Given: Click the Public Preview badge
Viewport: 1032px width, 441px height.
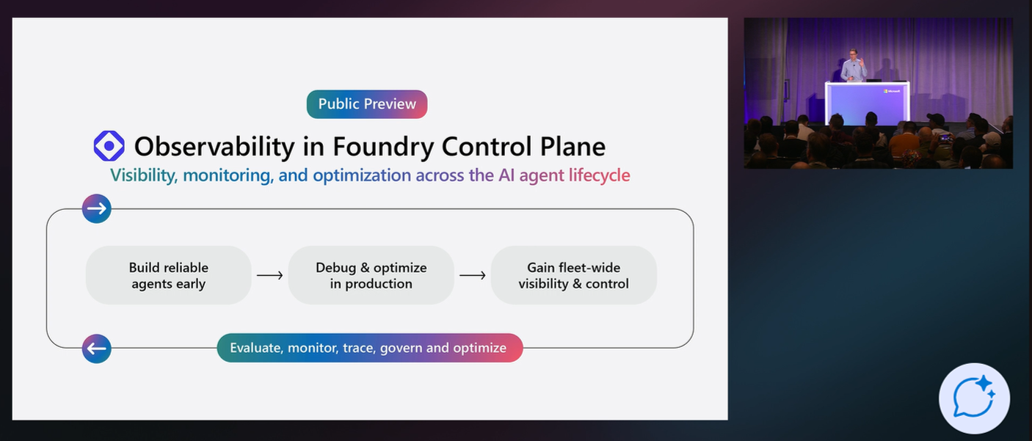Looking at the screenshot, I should click(367, 104).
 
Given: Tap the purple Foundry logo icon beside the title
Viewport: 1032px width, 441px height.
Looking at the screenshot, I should click(109, 146).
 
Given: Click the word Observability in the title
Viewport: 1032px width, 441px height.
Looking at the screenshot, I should click(214, 147).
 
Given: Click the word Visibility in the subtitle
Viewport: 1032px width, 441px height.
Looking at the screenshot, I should click(143, 175).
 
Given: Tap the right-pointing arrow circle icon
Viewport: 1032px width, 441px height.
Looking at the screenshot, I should click(97, 209).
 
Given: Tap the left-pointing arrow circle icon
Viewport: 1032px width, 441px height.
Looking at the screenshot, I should click(97, 349).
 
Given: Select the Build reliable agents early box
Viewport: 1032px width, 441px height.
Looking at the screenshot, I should click(169, 275).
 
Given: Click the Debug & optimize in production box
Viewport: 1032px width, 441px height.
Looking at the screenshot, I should click(371, 275).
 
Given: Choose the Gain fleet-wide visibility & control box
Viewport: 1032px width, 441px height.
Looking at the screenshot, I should click(574, 275).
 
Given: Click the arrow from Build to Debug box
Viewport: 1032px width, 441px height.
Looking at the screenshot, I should click(270, 276).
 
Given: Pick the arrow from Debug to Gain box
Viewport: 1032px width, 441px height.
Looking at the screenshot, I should click(473, 276).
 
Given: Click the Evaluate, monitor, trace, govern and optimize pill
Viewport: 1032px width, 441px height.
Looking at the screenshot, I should click(369, 348).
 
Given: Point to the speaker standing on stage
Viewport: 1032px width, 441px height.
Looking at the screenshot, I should click(854, 66).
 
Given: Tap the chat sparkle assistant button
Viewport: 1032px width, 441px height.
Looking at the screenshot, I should click(974, 398).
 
